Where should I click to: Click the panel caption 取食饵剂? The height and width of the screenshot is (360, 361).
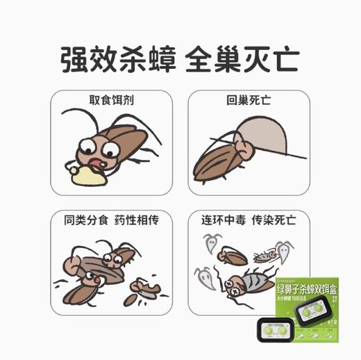pyautogui.click(x=112, y=100)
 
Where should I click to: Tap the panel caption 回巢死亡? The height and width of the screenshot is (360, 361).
pyautogui.click(x=249, y=100)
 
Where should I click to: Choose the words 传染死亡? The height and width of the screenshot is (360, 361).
pyautogui.click(x=276, y=220)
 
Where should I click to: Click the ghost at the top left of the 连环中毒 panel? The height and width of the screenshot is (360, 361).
pyautogui.click(x=210, y=241)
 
